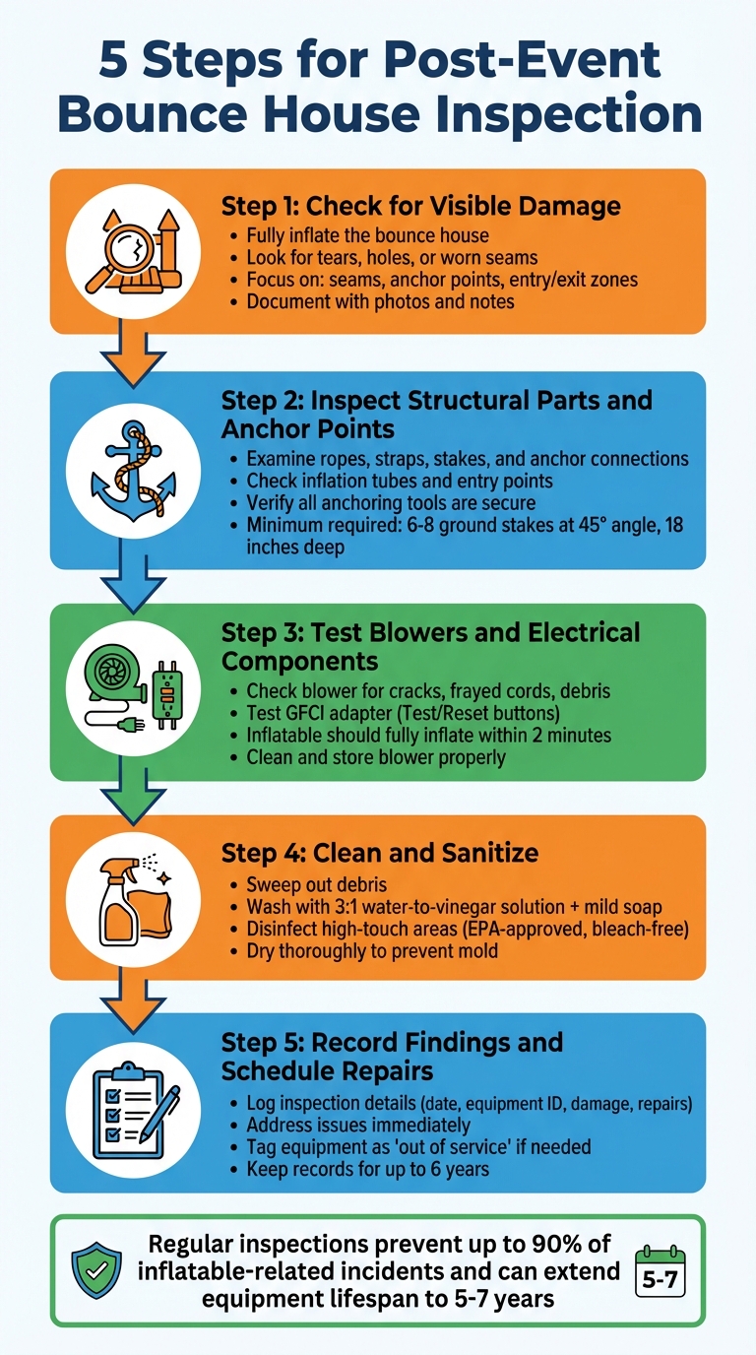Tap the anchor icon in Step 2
[x=131, y=469]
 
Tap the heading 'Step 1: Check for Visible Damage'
[x=420, y=206]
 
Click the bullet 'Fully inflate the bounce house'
[x=367, y=236]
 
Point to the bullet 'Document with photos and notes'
[x=380, y=301]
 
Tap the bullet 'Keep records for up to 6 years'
[x=367, y=1170]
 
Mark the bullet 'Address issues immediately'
[x=357, y=1125]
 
